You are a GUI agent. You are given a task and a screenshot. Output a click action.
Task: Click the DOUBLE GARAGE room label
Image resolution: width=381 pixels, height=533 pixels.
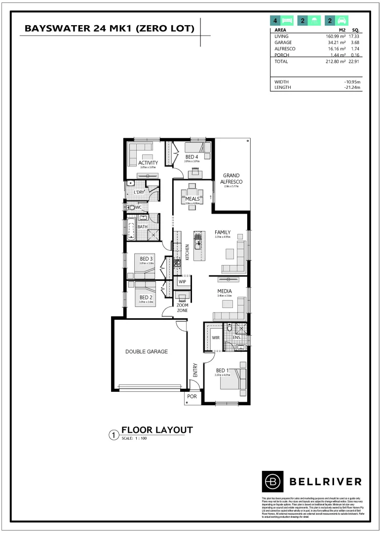coord(147,352)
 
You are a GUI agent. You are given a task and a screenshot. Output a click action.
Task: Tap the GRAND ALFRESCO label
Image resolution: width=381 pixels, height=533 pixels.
coord(231,178)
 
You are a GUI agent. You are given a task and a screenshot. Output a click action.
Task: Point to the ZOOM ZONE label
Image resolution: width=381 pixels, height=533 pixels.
coord(182,308)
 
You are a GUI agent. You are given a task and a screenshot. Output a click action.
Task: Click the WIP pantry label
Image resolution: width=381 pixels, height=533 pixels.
coord(182,282)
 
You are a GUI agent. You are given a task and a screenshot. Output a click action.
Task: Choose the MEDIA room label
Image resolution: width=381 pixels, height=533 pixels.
coord(225,291)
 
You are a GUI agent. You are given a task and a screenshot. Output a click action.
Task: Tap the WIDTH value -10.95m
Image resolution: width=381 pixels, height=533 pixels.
coord(352,82)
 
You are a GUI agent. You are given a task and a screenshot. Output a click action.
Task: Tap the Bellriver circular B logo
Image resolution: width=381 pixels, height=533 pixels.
coord(272,481)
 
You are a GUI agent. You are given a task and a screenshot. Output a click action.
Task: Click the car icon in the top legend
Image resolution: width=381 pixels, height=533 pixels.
coord(341,21)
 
